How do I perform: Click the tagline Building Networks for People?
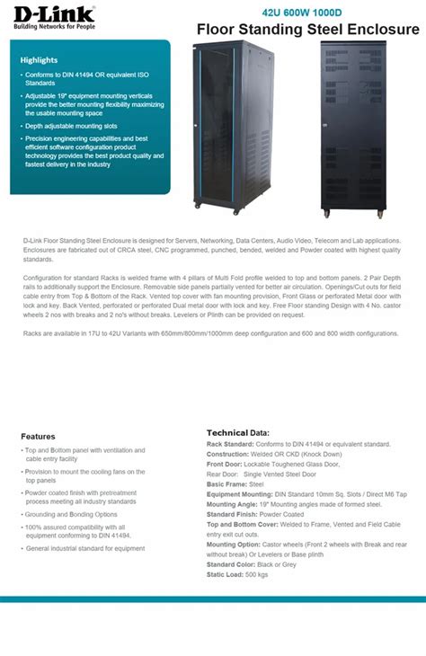[x=52, y=25]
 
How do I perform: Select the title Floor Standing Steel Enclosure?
[x=308, y=31]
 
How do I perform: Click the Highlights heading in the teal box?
[x=39, y=60]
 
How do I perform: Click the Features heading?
[x=38, y=437]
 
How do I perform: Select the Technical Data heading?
[x=237, y=432]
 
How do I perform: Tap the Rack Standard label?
[x=230, y=444]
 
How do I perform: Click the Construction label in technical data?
[x=230, y=454]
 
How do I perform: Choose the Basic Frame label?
[x=227, y=483]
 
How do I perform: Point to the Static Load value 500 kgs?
[x=256, y=573]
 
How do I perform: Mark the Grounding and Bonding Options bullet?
[x=71, y=514]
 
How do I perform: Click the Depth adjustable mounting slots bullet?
[x=72, y=127]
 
